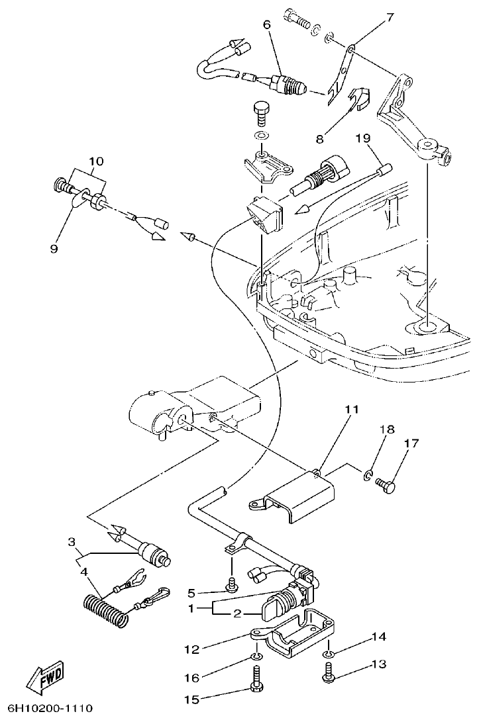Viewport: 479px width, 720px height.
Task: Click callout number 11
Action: pos(351,410)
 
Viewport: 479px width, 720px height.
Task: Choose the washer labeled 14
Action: pos(329,654)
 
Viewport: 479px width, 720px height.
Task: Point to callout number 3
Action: pos(72,542)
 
